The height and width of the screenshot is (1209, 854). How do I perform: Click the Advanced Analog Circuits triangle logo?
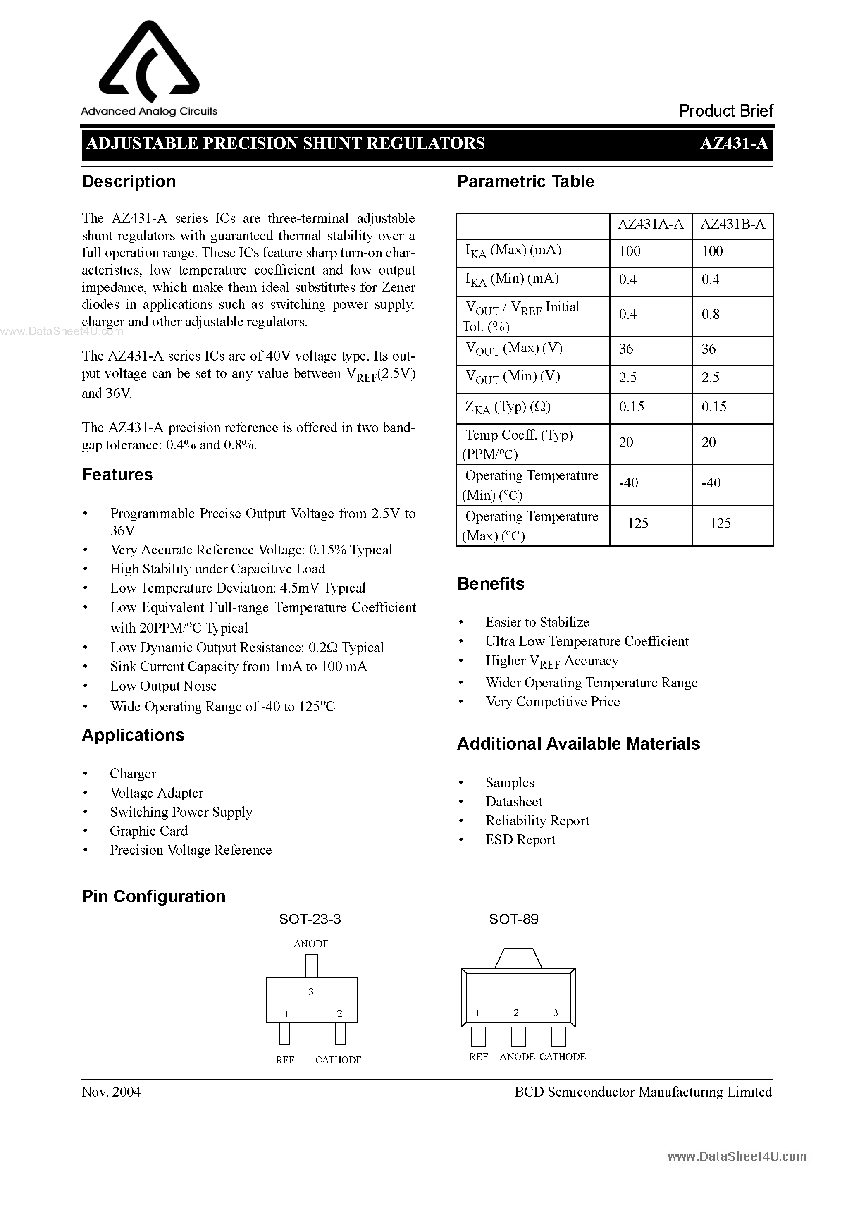149,62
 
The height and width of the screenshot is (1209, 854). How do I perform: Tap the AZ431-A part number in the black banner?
733,143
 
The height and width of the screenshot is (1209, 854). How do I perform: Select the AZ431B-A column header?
732,225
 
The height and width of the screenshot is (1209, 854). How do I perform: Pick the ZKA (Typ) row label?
508,407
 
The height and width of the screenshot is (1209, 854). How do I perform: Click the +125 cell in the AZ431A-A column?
633,523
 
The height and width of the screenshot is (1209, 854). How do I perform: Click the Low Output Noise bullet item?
163,686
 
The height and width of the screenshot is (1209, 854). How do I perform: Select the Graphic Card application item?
148,831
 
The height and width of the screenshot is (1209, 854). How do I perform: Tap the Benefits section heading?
491,583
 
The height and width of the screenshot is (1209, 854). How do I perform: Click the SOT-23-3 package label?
310,920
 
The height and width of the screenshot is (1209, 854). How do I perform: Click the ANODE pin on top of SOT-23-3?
311,967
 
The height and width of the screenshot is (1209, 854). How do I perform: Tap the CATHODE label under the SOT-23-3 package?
338,1060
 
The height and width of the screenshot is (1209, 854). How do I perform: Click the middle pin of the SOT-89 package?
518,1037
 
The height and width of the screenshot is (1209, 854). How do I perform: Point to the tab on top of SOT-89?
518,958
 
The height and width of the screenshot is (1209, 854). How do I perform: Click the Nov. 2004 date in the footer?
111,1092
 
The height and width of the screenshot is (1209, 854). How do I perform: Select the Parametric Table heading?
525,182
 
